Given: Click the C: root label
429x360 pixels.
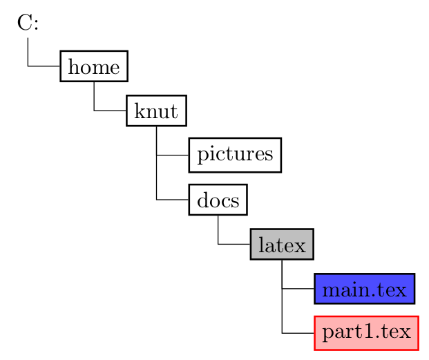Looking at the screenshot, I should coord(28,23).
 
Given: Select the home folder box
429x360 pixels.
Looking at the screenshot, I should coord(94,66).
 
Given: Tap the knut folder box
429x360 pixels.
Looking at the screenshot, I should coord(156,111).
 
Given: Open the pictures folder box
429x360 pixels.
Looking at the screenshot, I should coord(235,155).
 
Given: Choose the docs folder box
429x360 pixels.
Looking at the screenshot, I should coord(218,200).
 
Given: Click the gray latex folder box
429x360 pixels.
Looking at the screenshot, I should coord(282,244).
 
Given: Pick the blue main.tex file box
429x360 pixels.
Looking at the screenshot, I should coord(364,288).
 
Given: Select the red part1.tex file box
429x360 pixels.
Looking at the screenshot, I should coord(366,333).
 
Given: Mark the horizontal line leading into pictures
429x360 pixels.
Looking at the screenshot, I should coord(173,155).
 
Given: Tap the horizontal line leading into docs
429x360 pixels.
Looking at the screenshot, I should coord(173,200).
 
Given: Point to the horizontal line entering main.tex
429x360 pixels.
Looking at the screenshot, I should coord(298,288).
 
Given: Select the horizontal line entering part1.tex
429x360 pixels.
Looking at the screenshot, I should coord(298,333).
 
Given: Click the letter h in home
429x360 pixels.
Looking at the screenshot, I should coord(73,66).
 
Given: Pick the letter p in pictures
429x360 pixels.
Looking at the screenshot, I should coord(202,156).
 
